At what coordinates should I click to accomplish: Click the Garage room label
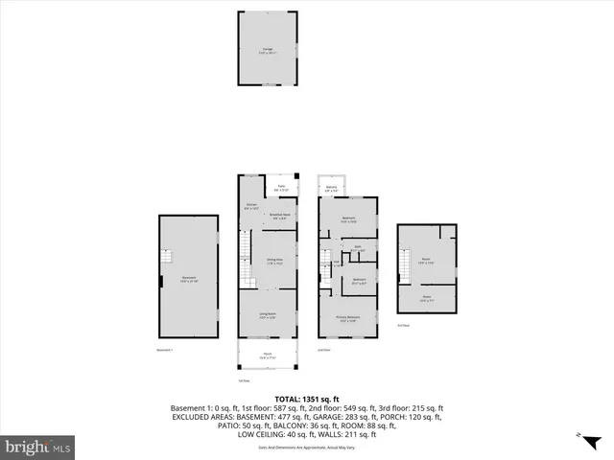[268, 51]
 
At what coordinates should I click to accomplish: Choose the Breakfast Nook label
[280, 217]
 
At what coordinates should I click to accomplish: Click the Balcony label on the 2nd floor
[331, 188]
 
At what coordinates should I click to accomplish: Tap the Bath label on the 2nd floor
[357, 248]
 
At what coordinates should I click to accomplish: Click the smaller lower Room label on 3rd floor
[426, 298]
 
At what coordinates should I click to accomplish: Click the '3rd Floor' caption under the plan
[403, 326]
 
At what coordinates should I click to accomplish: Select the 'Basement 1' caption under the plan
[165, 350]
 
